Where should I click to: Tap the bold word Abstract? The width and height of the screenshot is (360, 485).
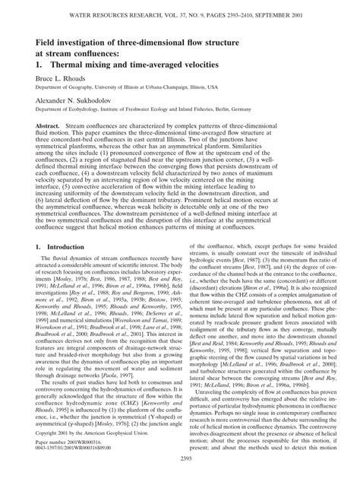click(51, 143)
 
